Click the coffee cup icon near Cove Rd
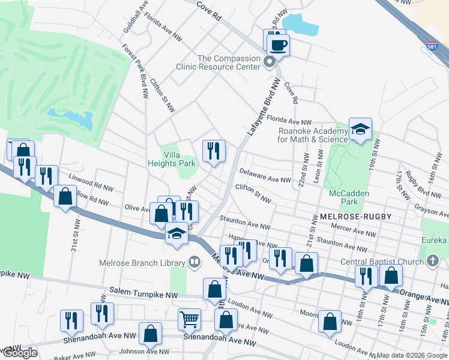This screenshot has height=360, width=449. click(x=278, y=44)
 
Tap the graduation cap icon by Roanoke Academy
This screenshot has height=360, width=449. click(x=360, y=130)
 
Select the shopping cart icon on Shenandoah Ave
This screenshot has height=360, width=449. click(x=190, y=320)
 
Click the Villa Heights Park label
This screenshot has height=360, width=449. click(x=172, y=158)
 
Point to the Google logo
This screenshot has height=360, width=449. click(x=19, y=353)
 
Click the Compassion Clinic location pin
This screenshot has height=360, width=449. click(x=270, y=62)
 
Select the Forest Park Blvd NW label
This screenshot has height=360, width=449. click(x=136, y=71)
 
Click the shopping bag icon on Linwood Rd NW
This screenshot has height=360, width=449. click(x=65, y=196)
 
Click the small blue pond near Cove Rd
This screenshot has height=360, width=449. click(x=301, y=24)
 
